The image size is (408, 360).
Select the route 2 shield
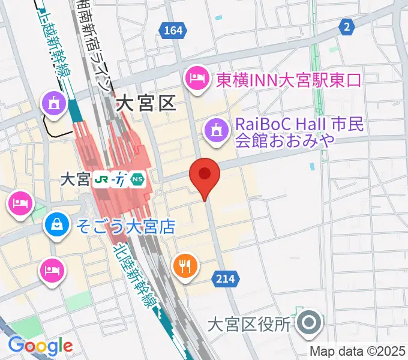click(x=346, y=26)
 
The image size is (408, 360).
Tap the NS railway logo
click(x=138, y=179)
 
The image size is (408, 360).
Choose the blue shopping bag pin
click(x=56, y=226)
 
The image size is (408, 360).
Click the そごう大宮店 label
click(x=125, y=227)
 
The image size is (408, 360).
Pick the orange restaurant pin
click(x=186, y=265)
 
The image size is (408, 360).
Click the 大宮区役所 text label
click(x=248, y=325)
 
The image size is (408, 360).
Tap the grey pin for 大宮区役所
click(x=310, y=323)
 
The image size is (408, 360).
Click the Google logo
click(x=40, y=346)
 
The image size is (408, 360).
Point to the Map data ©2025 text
click(x=357, y=351)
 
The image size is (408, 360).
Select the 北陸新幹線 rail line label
click(x=131, y=274)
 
